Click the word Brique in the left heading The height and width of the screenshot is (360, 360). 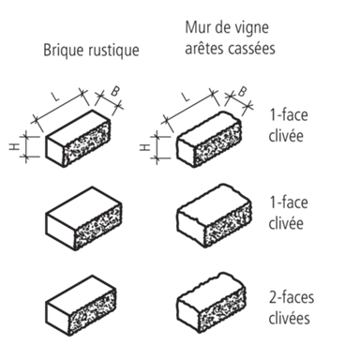click(59, 51)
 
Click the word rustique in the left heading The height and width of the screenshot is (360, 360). click(110, 50)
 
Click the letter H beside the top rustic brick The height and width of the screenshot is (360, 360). click(14, 146)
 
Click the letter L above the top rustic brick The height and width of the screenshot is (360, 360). click(55, 97)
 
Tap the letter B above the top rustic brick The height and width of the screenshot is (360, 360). click(115, 92)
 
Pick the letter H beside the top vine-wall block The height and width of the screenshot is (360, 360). click(144, 147)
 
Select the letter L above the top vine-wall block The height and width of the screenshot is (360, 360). click(187, 97)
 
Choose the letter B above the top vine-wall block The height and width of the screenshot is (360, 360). click(242, 92)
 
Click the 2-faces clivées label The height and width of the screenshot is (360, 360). click(292, 307)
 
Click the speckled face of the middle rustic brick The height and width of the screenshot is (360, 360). click(97, 226)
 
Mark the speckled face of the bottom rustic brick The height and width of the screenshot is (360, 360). click(92, 311)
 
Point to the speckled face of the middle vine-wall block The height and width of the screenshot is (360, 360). click(229, 224)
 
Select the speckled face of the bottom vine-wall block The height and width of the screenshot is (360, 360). click(221, 308)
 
